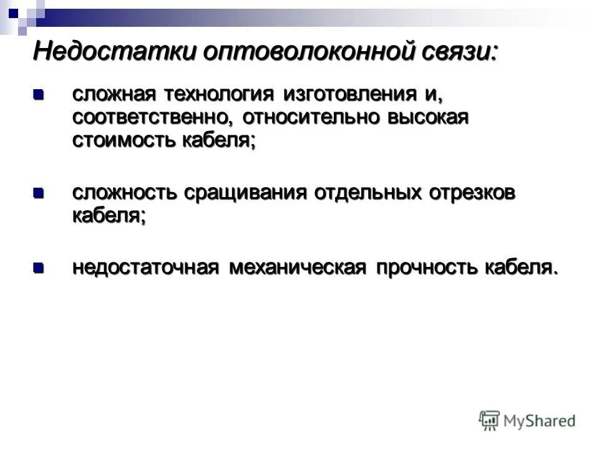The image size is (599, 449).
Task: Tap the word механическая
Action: coord(296,268)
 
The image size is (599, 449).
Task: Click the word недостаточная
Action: coord(145,268)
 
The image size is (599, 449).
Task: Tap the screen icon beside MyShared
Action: coord(490,420)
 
